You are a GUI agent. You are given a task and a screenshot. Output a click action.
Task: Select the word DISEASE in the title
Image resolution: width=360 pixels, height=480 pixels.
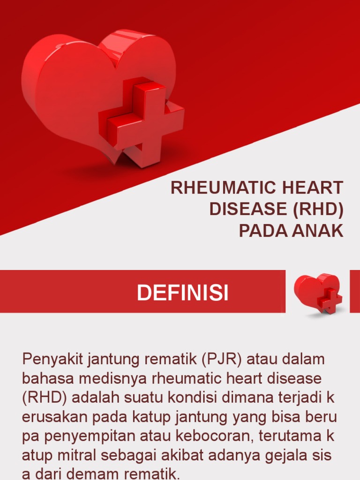248,210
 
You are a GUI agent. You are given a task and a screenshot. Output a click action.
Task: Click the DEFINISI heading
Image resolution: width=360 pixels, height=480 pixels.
182,293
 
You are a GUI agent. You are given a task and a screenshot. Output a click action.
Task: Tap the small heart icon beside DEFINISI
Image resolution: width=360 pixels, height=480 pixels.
318,292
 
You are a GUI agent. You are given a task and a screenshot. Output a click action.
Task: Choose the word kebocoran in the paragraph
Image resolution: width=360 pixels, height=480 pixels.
213,435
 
